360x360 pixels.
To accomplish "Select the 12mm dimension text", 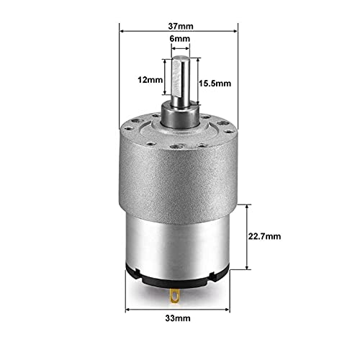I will pos(153,81).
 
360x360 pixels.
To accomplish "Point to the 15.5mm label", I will pos(212,84).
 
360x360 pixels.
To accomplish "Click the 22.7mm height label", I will pos(268,235).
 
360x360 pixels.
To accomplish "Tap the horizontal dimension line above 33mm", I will pos(180,302).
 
